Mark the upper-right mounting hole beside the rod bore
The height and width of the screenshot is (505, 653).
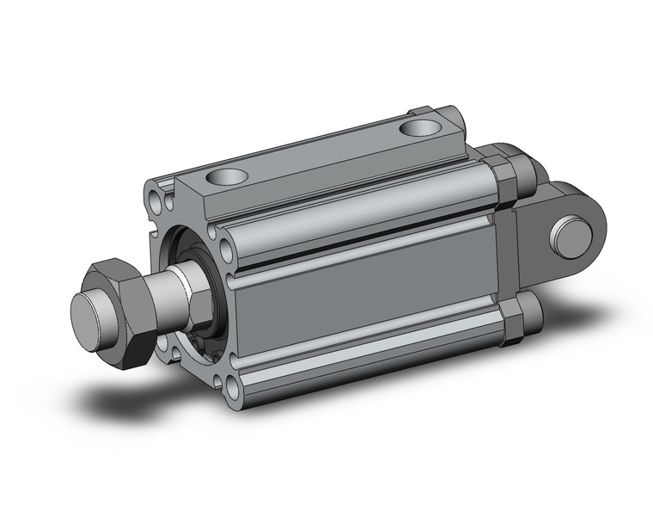pyautogui.click(x=226, y=251)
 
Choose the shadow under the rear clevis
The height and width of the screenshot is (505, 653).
pyautogui.click(x=550, y=344)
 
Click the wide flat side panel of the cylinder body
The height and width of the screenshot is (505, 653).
pyautogui.click(x=369, y=310)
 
